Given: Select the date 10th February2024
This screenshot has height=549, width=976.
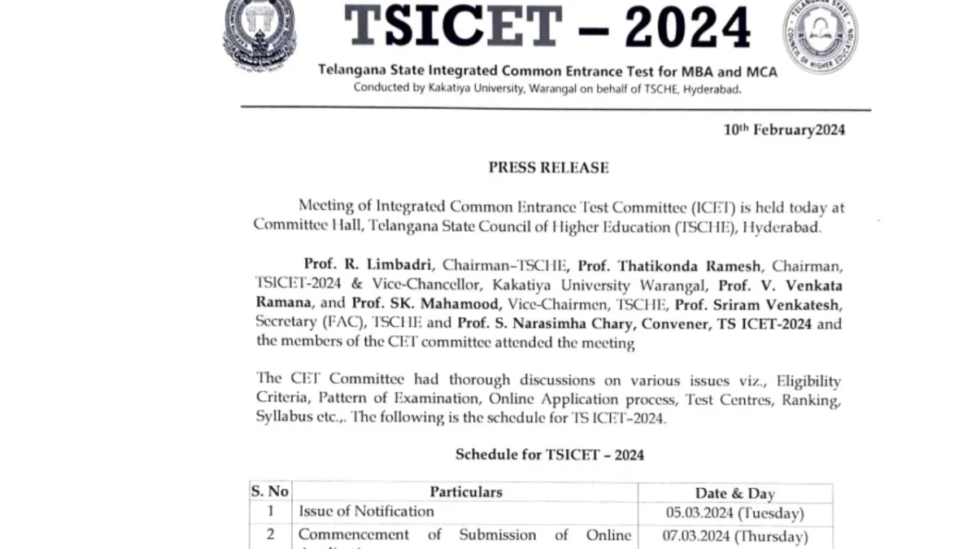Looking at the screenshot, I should pyautogui.click(x=784, y=130).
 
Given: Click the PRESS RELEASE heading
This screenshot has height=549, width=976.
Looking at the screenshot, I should pyautogui.click(x=548, y=168).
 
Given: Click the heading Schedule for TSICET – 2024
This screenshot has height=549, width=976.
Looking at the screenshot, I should pyautogui.click(x=549, y=455).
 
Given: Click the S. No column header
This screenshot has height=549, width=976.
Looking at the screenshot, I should pyautogui.click(x=270, y=492).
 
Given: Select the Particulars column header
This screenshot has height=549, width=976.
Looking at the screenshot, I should pyautogui.click(x=466, y=492).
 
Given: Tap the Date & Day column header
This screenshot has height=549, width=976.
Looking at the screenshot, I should pyautogui.click(x=734, y=493).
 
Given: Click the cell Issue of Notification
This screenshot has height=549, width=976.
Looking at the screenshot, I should pyautogui.click(x=366, y=512).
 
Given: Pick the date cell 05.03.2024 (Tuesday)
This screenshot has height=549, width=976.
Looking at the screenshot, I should pyautogui.click(x=734, y=513).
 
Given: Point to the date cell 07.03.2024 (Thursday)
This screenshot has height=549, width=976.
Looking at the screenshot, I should pyautogui.click(x=736, y=536).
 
